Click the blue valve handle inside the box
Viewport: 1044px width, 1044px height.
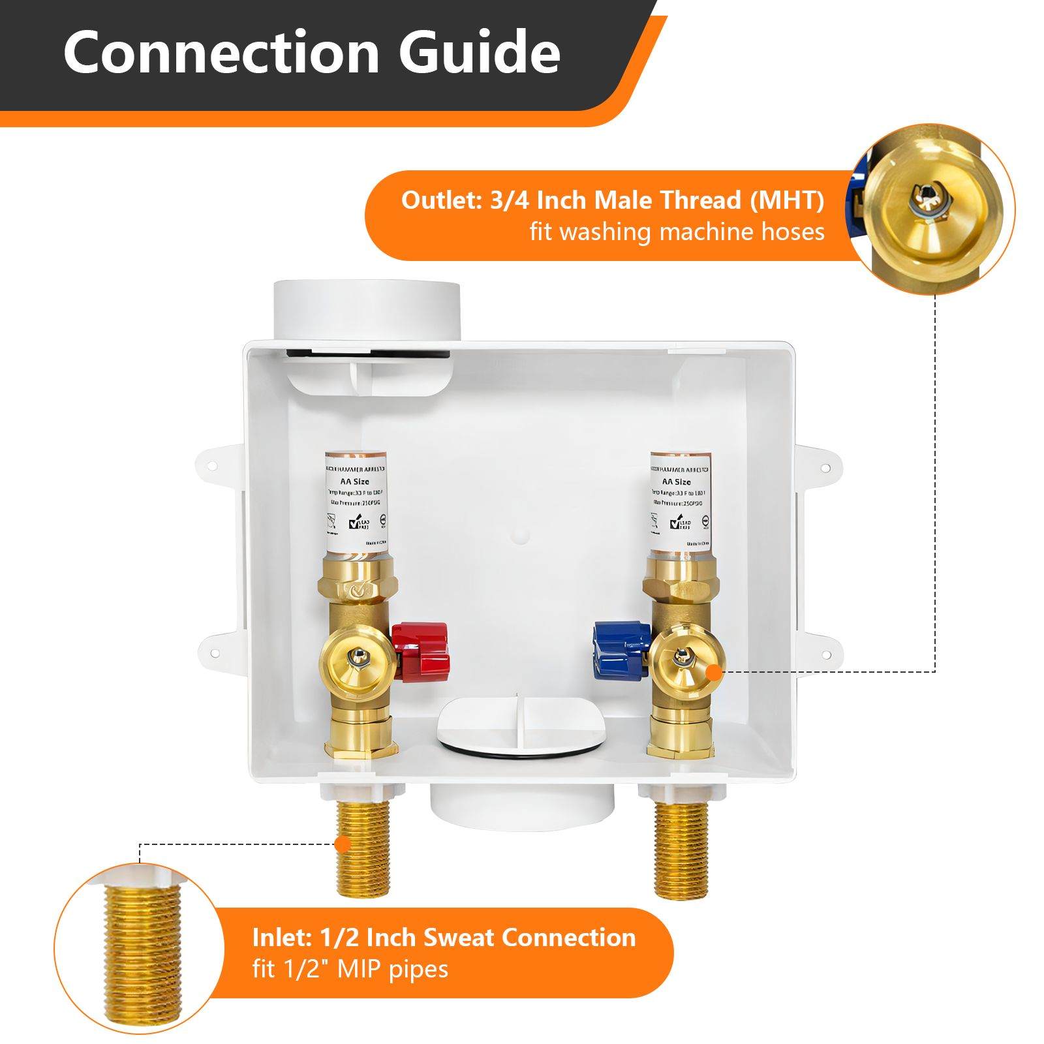click(x=621, y=643)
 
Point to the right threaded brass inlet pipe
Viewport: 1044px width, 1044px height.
click(x=681, y=848)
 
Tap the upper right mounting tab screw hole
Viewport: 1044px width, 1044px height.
click(x=825, y=468)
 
